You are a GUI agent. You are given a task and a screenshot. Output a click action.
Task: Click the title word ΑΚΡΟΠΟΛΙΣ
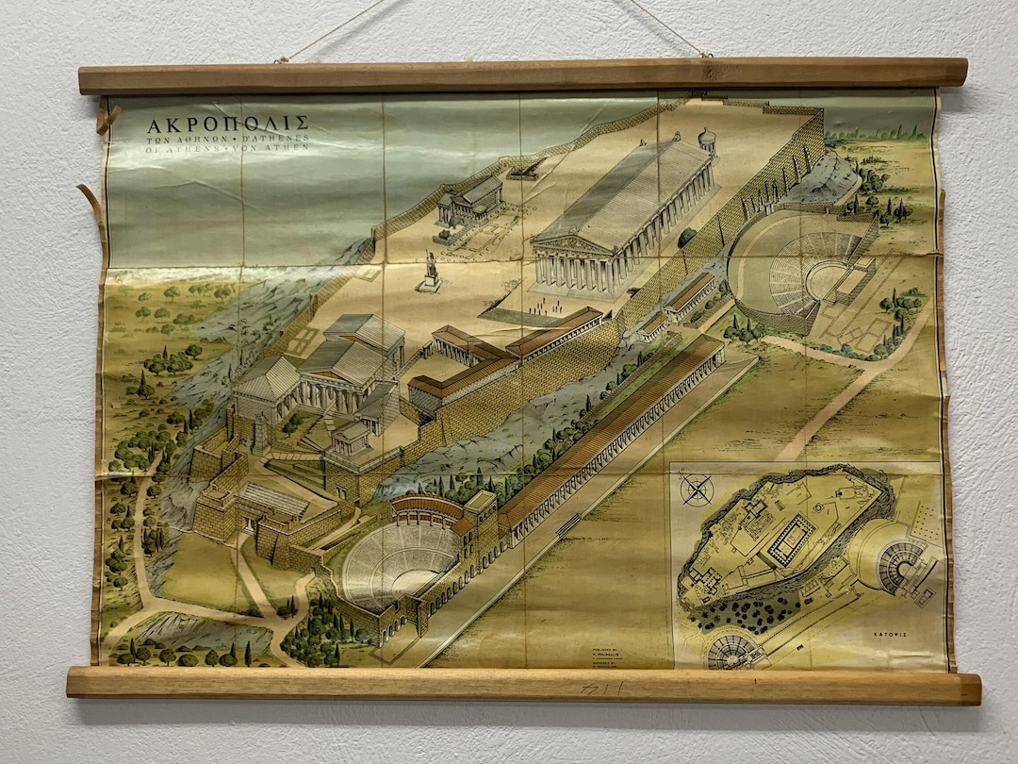[227, 124]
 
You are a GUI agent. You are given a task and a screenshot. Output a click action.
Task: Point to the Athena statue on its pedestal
[431, 271]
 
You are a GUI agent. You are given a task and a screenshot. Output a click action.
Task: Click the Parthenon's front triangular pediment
[566, 244]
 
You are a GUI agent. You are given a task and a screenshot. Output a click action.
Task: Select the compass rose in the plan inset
[697, 490]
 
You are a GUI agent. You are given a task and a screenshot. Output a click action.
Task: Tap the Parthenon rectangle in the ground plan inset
[787, 539]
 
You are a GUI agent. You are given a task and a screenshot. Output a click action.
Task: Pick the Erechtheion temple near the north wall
[471, 201]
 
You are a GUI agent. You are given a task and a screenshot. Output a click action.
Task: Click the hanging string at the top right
[668, 28]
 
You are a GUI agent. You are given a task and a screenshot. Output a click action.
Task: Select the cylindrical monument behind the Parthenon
[706, 141]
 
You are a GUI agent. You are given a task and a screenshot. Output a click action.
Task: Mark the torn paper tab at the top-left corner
[107, 119]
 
